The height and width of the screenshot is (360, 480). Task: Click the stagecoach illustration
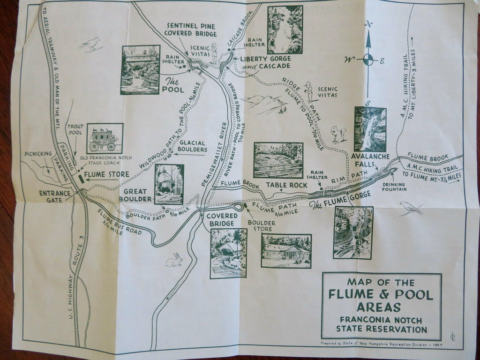click(x=105, y=138)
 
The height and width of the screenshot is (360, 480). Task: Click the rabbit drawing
click(x=174, y=260)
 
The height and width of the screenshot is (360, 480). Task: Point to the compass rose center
click(x=368, y=60)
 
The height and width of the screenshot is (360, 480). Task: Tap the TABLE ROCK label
click(x=286, y=185)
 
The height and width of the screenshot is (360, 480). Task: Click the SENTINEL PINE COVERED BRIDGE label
click(x=190, y=30)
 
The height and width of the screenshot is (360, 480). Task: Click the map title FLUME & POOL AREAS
click(x=381, y=300)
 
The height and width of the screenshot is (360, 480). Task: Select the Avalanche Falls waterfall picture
click(x=370, y=129)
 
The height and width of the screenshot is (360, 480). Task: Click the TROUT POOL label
click(x=75, y=130)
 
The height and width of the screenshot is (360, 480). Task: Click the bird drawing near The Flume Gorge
click(x=410, y=208)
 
